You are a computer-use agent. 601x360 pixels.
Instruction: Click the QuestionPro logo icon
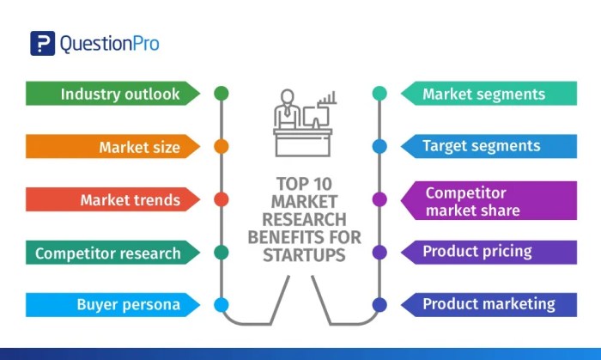42,44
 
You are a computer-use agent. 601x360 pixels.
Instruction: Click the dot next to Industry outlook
221,93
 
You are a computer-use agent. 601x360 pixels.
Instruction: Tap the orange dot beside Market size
221,146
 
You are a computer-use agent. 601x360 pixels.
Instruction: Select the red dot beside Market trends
221,199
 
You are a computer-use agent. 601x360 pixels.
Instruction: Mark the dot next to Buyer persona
221,304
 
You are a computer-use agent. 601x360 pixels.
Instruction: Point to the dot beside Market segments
379,93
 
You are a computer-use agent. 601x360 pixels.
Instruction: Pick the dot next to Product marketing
379,304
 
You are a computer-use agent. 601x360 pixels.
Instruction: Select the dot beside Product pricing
379,253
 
